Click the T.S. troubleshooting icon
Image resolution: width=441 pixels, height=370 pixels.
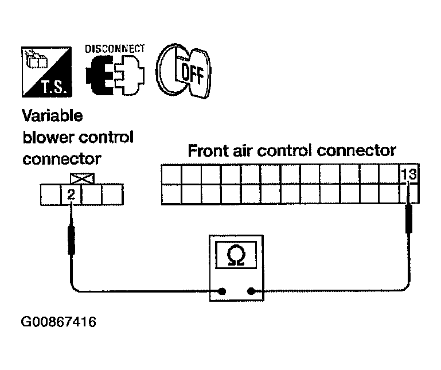click(x=46, y=72)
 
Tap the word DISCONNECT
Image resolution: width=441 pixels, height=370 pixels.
click(x=115, y=49)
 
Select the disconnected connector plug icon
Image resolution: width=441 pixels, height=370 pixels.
click(x=115, y=75)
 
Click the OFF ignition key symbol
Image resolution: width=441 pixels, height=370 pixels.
click(x=184, y=71)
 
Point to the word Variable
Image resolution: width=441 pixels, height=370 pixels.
click(x=52, y=116)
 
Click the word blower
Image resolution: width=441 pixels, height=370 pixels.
click(x=48, y=137)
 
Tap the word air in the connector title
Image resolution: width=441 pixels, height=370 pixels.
click(x=244, y=150)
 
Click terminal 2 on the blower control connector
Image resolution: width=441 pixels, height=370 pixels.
click(x=71, y=194)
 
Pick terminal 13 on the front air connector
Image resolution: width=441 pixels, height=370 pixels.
click(x=409, y=174)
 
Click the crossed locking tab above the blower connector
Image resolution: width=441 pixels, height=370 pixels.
click(x=82, y=179)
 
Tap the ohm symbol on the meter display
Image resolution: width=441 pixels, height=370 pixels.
click(x=236, y=255)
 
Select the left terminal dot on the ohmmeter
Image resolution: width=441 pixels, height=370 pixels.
click(x=222, y=291)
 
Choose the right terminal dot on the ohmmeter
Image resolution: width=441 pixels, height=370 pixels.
click(x=251, y=291)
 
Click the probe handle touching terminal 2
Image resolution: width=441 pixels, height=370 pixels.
click(x=72, y=240)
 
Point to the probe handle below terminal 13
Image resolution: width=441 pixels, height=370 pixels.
click(x=409, y=219)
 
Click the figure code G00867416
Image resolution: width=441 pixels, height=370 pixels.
click(x=58, y=322)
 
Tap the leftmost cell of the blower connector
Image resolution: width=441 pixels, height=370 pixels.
click(x=51, y=194)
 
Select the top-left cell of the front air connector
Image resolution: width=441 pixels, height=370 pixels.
click(x=171, y=174)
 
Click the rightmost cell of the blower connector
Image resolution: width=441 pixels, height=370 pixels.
click(x=112, y=194)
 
